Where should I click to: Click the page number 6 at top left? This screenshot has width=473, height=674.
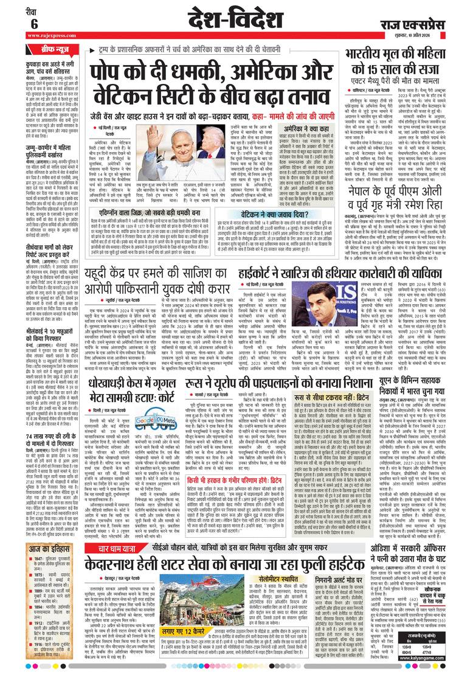click(x=17, y=23)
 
